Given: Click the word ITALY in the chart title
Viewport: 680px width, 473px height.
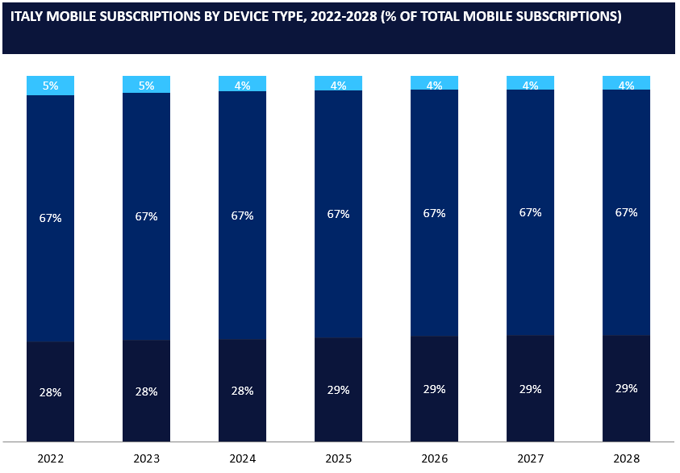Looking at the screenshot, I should pos(29,17).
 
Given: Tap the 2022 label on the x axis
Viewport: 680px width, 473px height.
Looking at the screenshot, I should pos(50,458).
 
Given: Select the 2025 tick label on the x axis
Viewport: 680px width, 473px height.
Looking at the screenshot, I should pos(338,458).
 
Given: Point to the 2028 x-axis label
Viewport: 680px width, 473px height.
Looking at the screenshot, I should pos(626,458).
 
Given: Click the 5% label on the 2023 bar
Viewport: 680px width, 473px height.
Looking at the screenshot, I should pos(146,85).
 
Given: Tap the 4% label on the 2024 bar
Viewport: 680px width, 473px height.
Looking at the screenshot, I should pos(242,85).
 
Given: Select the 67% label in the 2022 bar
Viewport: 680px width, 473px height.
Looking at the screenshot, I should pos(50,217).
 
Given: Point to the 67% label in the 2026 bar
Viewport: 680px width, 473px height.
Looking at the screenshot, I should pos(434,213).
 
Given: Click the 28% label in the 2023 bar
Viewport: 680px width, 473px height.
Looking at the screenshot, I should pos(146,391).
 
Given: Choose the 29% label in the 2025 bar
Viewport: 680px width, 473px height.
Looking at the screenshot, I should pos(338,390).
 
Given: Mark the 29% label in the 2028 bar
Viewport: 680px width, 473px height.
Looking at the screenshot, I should pos(626,388).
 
